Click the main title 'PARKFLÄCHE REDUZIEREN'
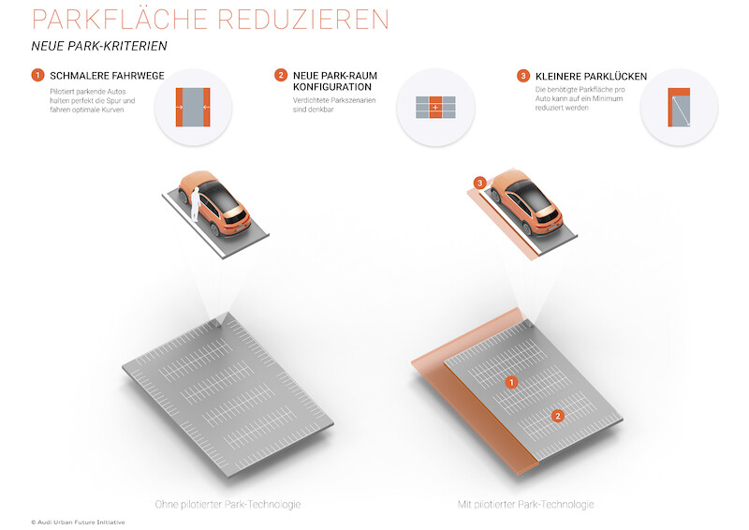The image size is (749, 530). tap(211, 19)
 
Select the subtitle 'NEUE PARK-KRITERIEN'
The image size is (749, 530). tap(99, 46)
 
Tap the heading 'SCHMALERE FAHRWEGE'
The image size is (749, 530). tap(107, 76)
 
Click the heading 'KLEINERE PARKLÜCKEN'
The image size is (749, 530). tap(592, 77)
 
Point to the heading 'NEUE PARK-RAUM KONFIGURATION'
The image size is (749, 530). tap(335, 81)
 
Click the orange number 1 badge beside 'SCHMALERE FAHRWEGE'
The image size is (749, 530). tap(37, 75)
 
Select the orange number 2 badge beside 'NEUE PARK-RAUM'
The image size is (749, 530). tap(281, 75)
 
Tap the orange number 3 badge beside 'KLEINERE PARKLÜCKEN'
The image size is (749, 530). tap(523, 76)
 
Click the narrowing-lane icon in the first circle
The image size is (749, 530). tap(193, 107)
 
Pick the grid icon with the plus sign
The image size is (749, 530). tap(435, 107)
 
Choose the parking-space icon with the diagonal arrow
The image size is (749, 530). tap(679, 107)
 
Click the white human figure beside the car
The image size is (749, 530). tap(195, 204)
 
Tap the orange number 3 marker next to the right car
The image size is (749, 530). tap(479, 183)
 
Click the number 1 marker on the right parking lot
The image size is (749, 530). tap(511, 382)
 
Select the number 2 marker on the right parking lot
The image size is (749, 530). tap(557, 416)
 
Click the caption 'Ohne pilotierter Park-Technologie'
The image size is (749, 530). tap(228, 504)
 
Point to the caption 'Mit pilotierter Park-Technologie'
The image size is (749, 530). tap(525, 504)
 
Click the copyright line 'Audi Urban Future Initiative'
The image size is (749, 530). tap(78, 523)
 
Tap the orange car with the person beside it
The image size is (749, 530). tap(214, 203)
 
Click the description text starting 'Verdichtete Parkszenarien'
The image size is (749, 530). tap(334, 105)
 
